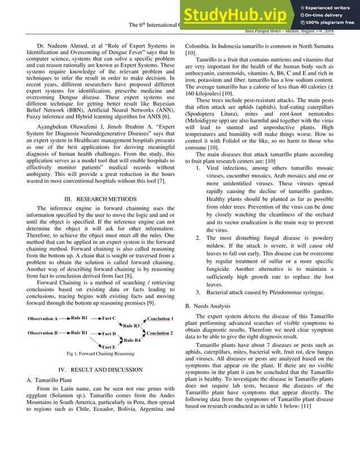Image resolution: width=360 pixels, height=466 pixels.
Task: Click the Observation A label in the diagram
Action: coord(43,319)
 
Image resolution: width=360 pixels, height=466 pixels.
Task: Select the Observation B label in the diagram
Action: coord(43,333)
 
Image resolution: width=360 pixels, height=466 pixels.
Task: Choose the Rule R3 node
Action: coord(132,326)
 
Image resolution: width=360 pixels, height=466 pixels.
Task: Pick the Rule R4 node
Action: coord(132,340)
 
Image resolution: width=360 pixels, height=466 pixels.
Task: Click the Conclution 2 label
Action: coord(160,333)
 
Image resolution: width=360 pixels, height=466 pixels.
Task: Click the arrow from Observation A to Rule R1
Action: coord(65,319)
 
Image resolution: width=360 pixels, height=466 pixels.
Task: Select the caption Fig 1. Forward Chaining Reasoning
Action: coord(100,354)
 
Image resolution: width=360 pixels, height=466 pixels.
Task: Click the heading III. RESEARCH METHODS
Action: coord(100,199)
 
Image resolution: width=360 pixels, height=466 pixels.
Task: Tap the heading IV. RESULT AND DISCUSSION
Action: coord(100,370)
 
